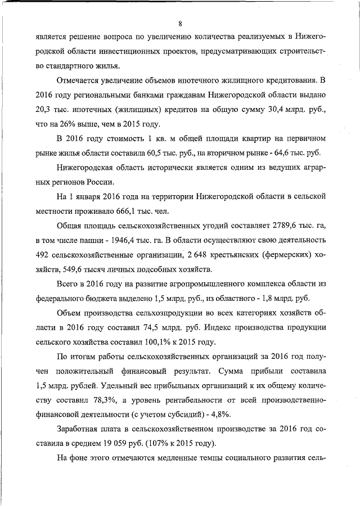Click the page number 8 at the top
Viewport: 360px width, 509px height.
click(180, 23)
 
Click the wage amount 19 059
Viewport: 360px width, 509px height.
click(123, 445)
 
